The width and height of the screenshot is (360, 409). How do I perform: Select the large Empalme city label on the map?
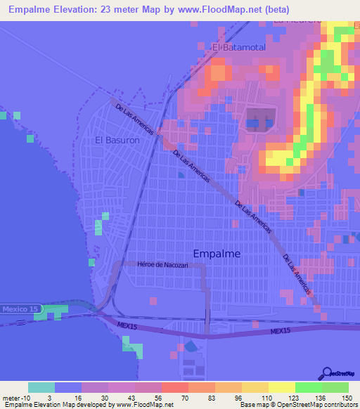(216, 253)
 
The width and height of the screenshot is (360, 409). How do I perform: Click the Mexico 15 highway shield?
(21, 309)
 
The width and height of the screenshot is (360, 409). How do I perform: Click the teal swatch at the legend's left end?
(41, 387)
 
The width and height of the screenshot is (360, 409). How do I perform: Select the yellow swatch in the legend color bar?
(281, 387)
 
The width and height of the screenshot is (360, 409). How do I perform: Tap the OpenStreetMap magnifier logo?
(326, 375)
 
